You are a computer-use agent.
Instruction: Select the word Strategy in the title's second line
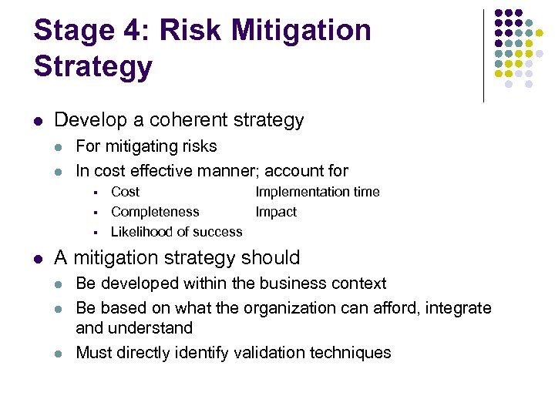[92, 66]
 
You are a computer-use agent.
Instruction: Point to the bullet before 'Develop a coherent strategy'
[37, 121]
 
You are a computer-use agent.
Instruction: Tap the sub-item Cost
[125, 192]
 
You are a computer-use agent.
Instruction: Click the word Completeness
[155, 212]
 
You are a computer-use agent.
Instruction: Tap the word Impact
[275, 212]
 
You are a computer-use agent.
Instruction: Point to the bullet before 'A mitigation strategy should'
[37, 258]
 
